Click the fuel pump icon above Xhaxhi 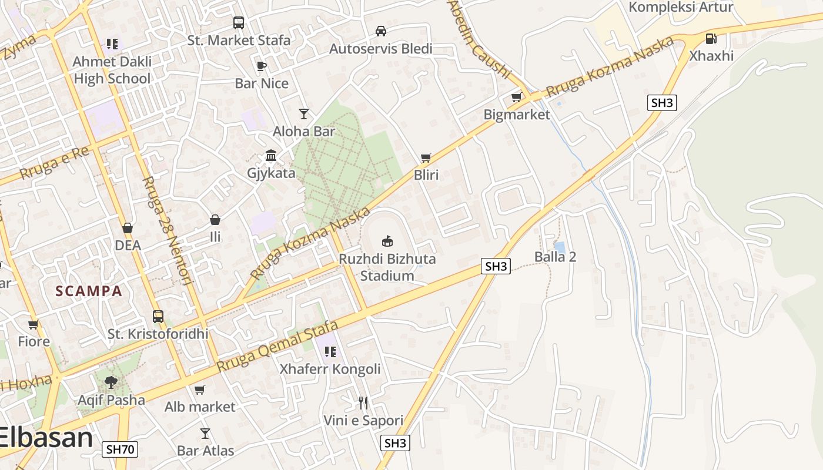click(x=711, y=39)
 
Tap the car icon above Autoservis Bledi click(x=381, y=31)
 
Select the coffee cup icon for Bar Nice click(x=262, y=66)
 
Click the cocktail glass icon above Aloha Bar click(x=304, y=114)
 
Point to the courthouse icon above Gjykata click(x=271, y=156)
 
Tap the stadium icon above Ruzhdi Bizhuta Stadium click(x=387, y=241)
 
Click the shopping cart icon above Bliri click(x=426, y=157)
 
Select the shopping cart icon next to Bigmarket click(x=517, y=97)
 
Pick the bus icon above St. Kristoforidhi click(x=158, y=317)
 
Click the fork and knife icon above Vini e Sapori click(x=363, y=403)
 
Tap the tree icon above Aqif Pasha click(x=111, y=382)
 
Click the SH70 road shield click(x=120, y=450)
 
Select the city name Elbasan click(x=46, y=438)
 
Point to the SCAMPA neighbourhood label click(x=89, y=291)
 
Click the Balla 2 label click(x=555, y=257)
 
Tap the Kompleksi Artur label click(x=681, y=7)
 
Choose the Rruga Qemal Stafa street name click(x=277, y=346)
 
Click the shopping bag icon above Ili click(x=215, y=220)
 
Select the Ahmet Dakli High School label click(x=112, y=70)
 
